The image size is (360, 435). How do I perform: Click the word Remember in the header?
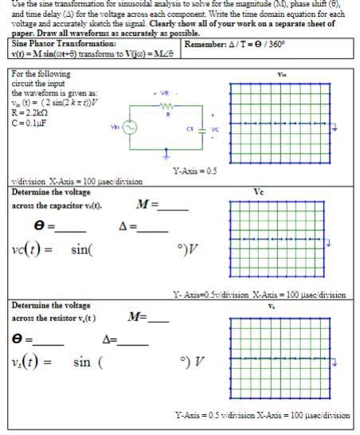206,44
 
